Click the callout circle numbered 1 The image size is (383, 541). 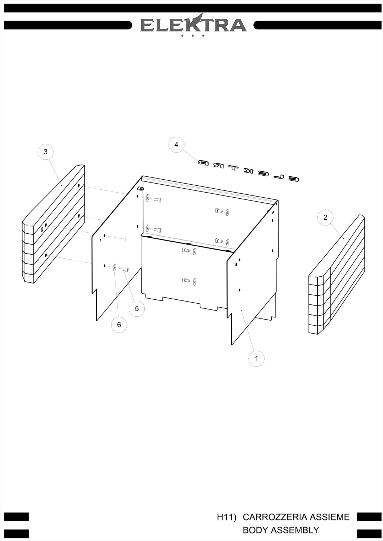[256, 359]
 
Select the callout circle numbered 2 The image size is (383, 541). [325, 217]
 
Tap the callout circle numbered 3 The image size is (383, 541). [45, 152]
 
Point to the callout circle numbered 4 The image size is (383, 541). [176, 144]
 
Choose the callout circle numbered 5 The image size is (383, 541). [137, 308]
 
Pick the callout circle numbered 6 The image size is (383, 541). [119, 325]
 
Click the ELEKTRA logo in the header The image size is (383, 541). [193, 25]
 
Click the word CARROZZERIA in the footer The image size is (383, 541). [275, 517]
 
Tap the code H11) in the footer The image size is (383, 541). [226, 517]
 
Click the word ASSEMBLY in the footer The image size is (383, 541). [295, 530]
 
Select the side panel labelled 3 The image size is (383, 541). [53, 224]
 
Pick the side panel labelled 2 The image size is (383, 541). [337, 274]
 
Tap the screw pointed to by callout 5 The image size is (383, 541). [125, 269]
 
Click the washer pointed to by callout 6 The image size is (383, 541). [114, 268]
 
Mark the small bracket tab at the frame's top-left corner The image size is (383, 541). [140, 188]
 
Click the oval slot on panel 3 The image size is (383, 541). [42, 230]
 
